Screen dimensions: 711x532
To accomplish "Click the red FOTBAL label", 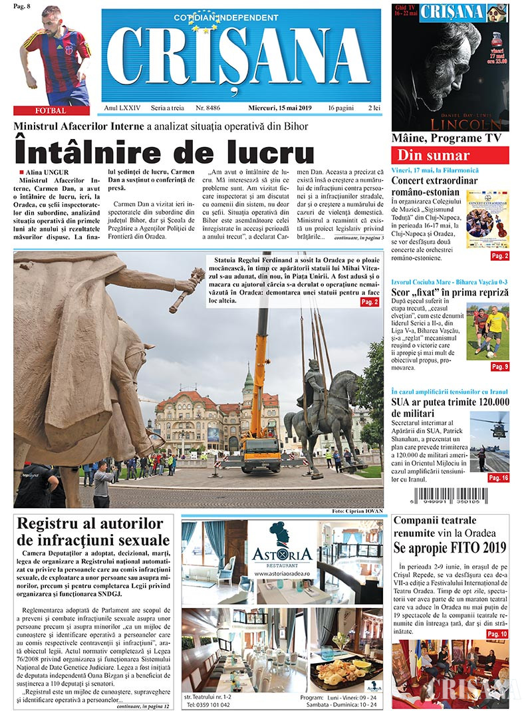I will coord(50,110).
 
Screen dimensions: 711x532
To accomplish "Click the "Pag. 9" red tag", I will coord(499,366).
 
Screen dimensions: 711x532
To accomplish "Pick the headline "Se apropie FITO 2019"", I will coord(451,547).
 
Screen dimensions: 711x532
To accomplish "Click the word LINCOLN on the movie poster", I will coord(452,124).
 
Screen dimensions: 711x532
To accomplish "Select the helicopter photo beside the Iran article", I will coord(490,442).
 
